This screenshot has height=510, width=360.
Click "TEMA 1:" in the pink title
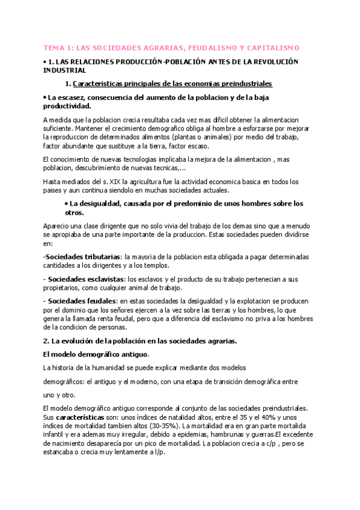pyautogui.click(x=58, y=48)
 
